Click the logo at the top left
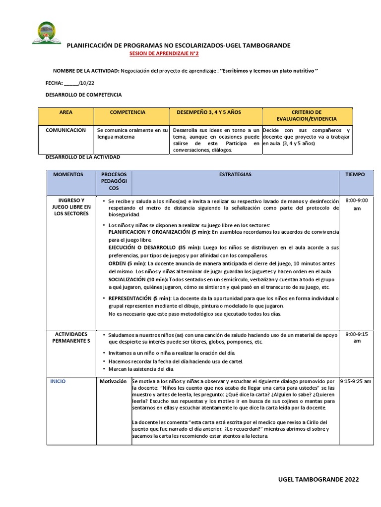click(47, 33)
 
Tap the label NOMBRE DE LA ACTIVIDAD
click(86, 71)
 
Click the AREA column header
click(65, 112)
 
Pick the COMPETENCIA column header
click(127, 112)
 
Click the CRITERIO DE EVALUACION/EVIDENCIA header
click(307, 116)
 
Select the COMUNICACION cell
click(65, 130)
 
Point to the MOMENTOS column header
click(68, 175)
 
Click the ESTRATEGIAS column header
click(235, 175)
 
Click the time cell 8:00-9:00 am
click(356, 204)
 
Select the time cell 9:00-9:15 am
click(356, 338)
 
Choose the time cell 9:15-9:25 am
click(356, 382)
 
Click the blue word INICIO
click(58, 382)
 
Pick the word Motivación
click(113, 382)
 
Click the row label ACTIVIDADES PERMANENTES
click(71, 338)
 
